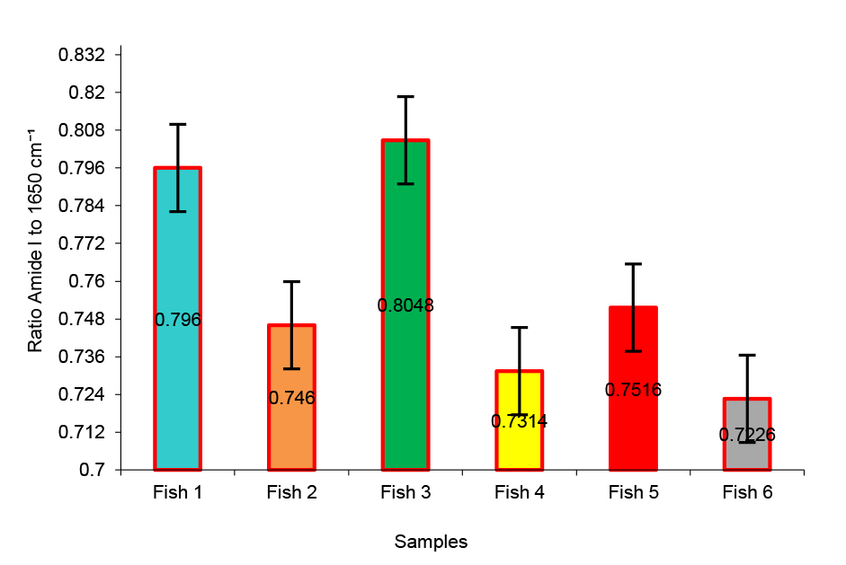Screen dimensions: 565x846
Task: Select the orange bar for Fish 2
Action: pyautogui.click(x=291, y=359)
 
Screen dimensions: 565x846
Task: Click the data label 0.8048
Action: pyautogui.click(x=405, y=305)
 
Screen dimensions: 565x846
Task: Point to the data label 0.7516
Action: pyautogui.click(x=634, y=390)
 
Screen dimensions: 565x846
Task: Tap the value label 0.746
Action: pyautogui.click(x=291, y=398)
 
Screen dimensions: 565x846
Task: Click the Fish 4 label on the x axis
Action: pyautogui.click(x=520, y=492)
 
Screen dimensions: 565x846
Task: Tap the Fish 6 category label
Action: pyautogui.click(x=747, y=492)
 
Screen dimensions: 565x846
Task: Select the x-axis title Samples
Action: pyautogui.click(x=431, y=542)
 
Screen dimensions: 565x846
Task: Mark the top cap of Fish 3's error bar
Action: pyautogui.click(x=405, y=96)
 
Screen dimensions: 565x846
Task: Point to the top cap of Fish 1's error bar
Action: pyautogui.click(x=177, y=124)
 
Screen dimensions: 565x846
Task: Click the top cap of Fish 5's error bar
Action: pyautogui.click(x=634, y=264)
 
